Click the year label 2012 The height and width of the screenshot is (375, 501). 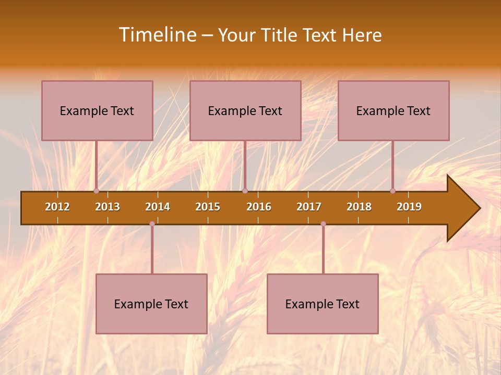tap(57, 207)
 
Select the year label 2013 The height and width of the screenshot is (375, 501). tap(108, 207)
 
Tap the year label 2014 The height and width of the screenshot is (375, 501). tap(158, 207)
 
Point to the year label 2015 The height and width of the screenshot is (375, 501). tap(208, 207)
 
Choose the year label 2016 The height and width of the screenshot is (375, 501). tap(259, 207)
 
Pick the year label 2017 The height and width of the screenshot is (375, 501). tap(309, 207)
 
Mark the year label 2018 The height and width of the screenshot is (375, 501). tap(359, 207)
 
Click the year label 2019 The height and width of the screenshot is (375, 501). tap(409, 207)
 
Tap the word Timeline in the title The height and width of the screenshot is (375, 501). tap(157, 35)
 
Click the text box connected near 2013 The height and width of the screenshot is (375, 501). tap(97, 110)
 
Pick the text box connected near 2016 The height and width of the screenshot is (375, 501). tap(245, 110)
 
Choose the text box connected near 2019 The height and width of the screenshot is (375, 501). tap(393, 110)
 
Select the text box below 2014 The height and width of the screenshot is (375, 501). tap(151, 304)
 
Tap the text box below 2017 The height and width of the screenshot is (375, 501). tap(323, 304)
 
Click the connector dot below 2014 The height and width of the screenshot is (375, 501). tap(152, 224)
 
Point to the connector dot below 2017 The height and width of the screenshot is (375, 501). tap(323, 224)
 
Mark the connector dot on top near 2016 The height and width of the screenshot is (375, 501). tap(245, 191)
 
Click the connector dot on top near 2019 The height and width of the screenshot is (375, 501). tap(393, 191)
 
